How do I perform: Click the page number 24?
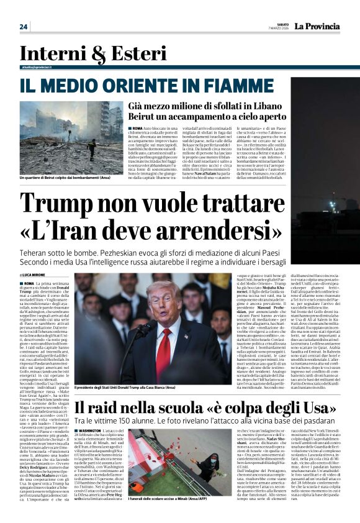(24, 27)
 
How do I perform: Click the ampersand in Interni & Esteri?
(91, 57)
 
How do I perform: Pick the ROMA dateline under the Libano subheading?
(137, 127)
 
